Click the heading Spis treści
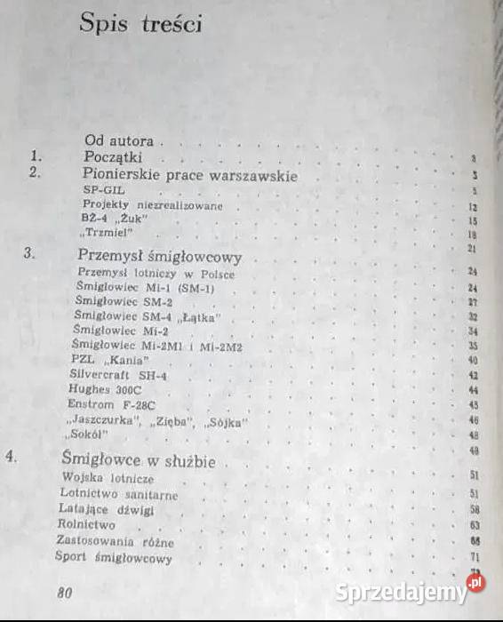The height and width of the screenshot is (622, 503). click(141, 24)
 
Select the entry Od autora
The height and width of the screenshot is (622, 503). click(119, 140)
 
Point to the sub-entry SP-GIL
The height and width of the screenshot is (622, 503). click(101, 191)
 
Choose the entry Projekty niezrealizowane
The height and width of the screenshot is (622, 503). click(148, 205)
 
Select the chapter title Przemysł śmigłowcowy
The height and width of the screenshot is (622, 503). click(159, 257)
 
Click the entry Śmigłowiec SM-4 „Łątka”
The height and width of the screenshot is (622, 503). click(147, 316)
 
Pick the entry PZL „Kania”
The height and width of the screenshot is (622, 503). click(108, 360)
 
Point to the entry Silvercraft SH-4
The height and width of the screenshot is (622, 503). click(117, 375)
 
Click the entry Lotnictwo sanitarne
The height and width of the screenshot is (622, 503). click(118, 493)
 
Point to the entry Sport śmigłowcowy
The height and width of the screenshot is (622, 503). click(113, 558)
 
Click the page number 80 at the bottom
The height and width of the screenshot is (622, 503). click(63, 593)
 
